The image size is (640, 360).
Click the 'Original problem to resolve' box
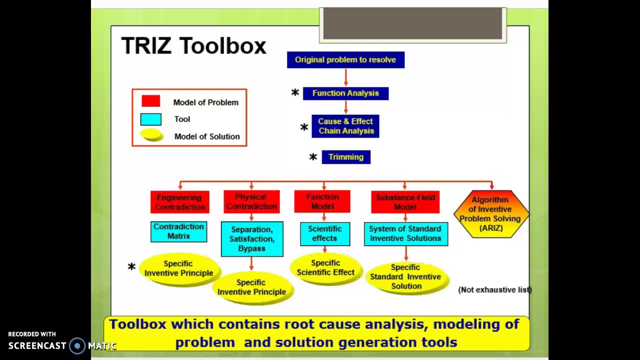pyautogui.click(x=345, y=60)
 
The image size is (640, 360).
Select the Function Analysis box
pyautogui.click(x=345, y=93)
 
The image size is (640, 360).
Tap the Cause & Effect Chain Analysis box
pyautogui.click(x=345, y=126)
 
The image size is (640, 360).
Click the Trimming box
pyautogui.click(x=346, y=157)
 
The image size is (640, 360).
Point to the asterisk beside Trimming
pyautogui.click(x=313, y=157)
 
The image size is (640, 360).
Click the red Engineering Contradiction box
pyautogui.click(x=179, y=202)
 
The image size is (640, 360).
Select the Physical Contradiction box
pyautogui.click(x=251, y=201)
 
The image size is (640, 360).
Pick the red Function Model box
pyautogui.click(x=322, y=201)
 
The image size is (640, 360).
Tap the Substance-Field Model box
pyautogui.click(x=405, y=202)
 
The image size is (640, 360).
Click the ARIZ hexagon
pyautogui.click(x=491, y=214)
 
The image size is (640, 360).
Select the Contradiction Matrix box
pyautogui.click(x=178, y=231)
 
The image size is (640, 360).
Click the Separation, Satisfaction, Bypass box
pyautogui.click(x=251, y=239)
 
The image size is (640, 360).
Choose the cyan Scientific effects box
pyautogui.click(x=324, y=233)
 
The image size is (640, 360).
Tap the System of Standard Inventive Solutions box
pyautogui.click(x=405, y=233)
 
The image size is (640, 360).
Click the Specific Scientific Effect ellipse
pyautogui.click(x=325, y=268)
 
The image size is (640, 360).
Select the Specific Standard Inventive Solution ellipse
pyautogui.click(x=406, y=277)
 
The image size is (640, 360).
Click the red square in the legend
pyautogui.click(x=150, y=101)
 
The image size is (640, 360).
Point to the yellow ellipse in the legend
pyautogui.click(x=151, y=135)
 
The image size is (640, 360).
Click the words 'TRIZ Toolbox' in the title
pyautogui.click(x=193, y=46)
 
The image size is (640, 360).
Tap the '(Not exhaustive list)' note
pyautogui.click(x=494, y=290)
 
